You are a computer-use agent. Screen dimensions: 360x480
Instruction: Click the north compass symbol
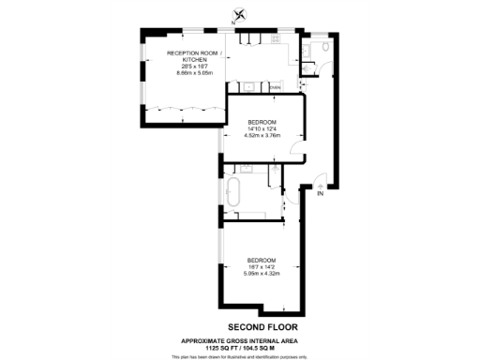click(242, 14)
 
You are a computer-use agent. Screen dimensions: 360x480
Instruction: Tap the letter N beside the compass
click(233, 22)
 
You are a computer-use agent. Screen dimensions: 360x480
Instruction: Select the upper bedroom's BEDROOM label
click(262, 122)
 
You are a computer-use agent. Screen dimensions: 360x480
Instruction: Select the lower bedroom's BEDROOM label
click(261, 260)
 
